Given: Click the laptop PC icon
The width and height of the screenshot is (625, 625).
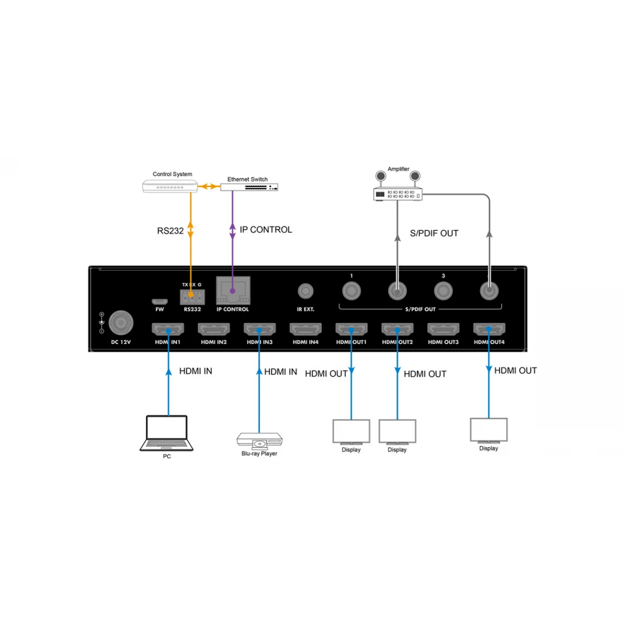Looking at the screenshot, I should point(167,433).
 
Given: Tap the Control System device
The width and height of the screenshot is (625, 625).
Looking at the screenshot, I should point(171,186).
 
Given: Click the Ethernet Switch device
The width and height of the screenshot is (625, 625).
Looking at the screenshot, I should point(249,187).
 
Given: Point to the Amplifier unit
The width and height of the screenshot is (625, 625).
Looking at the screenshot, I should point(398,194).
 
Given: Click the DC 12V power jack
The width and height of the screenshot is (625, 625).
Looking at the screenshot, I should point(121,324).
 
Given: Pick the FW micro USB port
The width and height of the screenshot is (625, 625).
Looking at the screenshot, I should point(160,302).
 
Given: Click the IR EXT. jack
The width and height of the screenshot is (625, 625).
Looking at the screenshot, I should point(305,291).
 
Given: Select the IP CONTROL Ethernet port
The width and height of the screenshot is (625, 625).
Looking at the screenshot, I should point(232,291).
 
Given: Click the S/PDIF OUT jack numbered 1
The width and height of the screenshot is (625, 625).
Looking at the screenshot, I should point(351,291).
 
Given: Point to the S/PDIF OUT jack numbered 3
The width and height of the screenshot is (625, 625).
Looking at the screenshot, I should point(442,291).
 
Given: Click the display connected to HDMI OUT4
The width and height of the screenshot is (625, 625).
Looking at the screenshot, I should point(488,430).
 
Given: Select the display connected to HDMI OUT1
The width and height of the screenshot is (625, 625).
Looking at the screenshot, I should point(351,431).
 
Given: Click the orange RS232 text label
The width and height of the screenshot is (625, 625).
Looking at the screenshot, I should point(170,231).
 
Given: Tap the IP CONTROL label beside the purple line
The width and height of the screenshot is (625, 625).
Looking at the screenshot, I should point(266,230).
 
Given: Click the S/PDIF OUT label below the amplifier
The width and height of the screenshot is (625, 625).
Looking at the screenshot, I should point(434,233).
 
